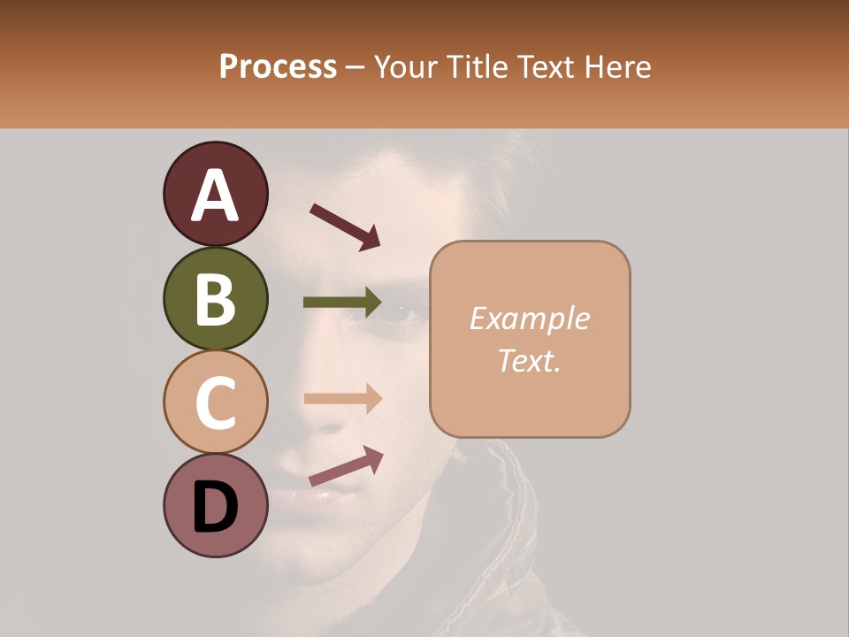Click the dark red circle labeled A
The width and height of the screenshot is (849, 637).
[215, 194]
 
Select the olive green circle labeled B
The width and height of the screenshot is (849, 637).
[215, 298]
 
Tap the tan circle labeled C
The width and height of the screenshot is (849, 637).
[215, 403]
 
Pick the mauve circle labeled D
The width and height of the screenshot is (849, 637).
[215, 506]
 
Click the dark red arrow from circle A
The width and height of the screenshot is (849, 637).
[345, 226]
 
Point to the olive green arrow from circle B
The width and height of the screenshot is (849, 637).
[342, 303]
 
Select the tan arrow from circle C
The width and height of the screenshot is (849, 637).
[342, 398]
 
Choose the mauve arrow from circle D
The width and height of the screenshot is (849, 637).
[346, 466]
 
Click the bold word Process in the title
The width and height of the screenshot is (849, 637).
[278, 66]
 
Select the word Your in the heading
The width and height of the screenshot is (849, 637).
[406, 66]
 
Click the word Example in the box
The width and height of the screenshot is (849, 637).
[529, 318]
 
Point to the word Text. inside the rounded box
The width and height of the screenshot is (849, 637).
[529, 360]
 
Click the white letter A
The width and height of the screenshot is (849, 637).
[216, 196]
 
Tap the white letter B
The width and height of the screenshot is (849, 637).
[216, 299]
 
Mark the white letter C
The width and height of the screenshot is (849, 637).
[216, 403]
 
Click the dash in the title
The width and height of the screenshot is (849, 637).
[356, 68]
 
